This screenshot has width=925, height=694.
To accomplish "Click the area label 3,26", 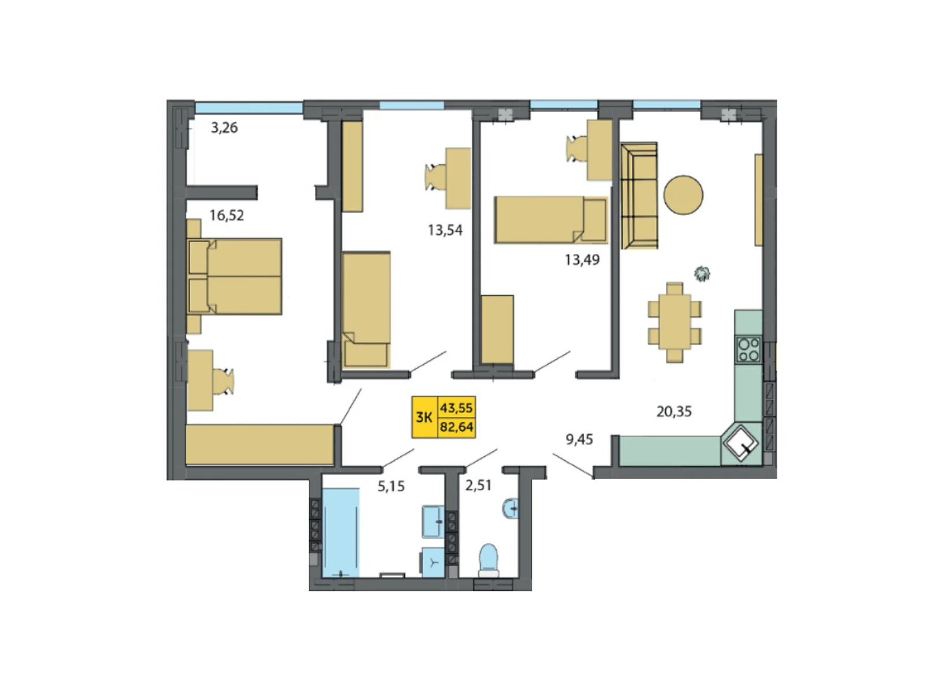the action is pyautogui.click(x=224, y=127).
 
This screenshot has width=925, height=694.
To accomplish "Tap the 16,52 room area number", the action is pyautogui.click(x=227, y=215).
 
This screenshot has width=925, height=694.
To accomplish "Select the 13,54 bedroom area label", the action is pyautogui.click(x=445, y=230).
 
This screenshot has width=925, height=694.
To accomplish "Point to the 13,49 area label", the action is pyautogui.click(x=582, y=260).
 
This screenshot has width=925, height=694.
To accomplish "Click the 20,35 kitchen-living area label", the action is pyautogui.click(x=674, y=411).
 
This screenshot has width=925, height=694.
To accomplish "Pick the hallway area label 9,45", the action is pyautogui.click(x=579, y=440).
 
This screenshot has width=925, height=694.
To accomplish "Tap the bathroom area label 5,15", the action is pyautogui.click(x=391, y=486).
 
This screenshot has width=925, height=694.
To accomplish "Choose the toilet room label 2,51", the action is pyautogui.click(x=478, y=485).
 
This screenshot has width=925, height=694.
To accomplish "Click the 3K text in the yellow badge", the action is pyautogui.click(x=424, y=417).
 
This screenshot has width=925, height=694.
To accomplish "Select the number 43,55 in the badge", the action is pyautogui.click(x=456, y=408).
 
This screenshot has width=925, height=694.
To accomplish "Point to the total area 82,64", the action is pyautogui.click(x=456, y=427).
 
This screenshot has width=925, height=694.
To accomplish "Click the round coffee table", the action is pyautogui.click(x=683, y=195).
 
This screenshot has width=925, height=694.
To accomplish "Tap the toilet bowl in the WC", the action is pyautogui.click(x=489, y=561).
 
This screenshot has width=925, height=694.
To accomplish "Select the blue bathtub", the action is pyautogui.click(x=341, y=533).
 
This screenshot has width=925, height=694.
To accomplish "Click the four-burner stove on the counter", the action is pyautogui.click(x=748, y=349).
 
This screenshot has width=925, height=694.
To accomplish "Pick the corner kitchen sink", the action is pyautogui.click(x=741, y=443).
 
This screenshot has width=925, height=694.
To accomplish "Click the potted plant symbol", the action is pyautogui.click(x=702, y=274).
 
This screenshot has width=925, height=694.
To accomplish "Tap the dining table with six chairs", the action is pyautogui.click(x=674, y=322).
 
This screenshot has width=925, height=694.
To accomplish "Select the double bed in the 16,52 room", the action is pyautogui.click(x=234, y=276).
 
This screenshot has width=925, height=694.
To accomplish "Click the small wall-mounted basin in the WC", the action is pyautogui.click(x=510, y=509).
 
